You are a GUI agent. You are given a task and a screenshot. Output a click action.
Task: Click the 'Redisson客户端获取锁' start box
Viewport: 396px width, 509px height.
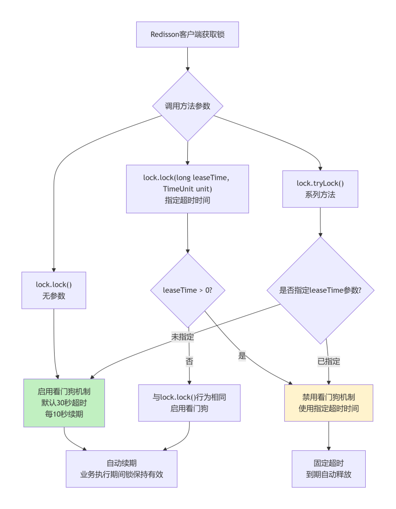(x=187, y=34)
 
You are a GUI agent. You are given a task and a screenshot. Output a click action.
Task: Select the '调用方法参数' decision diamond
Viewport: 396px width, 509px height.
(x=188, y=106)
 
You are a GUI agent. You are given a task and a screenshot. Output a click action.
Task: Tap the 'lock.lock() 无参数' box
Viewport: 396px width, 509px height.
(x=54, y=290)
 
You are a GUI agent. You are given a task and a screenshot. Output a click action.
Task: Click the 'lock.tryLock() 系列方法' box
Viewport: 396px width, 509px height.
(x=320, y=189)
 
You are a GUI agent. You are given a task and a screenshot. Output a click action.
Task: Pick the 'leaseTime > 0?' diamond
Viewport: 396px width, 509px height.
(x=188, y=290)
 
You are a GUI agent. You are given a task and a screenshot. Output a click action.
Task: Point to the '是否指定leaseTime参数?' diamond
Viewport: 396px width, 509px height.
(x=320, y=290)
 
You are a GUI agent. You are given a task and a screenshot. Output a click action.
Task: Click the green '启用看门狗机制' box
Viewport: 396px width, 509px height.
(x=64, y=403)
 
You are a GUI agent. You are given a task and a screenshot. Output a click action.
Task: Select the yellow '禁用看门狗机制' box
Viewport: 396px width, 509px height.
(x=328, y=403)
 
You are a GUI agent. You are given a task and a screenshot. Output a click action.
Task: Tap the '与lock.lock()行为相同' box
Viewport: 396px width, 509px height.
(x=189, y=403)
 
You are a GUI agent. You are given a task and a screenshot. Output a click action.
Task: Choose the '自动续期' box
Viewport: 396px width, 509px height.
(x=121, y=469)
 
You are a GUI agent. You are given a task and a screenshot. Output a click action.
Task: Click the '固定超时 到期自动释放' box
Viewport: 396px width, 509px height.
(x=328, y=469)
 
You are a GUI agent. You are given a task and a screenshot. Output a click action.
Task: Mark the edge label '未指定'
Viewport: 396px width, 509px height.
(x=183, y=337)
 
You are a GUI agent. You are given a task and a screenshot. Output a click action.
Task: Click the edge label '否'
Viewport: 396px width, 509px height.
(x=189, y=361)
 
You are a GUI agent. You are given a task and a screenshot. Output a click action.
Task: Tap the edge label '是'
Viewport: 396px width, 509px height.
(x=242, y=355)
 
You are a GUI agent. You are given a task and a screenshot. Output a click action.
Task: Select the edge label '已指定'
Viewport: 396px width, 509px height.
(x=328, y=361)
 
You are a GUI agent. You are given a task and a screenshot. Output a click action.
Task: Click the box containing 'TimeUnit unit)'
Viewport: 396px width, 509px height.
(x=187, y=189)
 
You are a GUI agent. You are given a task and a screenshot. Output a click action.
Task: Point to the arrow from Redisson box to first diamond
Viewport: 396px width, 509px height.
(x=188, y=59)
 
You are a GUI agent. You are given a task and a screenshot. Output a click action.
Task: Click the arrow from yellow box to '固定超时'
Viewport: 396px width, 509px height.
(x=328, y=436)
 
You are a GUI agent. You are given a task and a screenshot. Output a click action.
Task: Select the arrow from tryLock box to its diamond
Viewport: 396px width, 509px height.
(x=320, y=222)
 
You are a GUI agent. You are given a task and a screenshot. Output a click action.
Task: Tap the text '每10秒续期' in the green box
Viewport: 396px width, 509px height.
(x=64, y=414)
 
